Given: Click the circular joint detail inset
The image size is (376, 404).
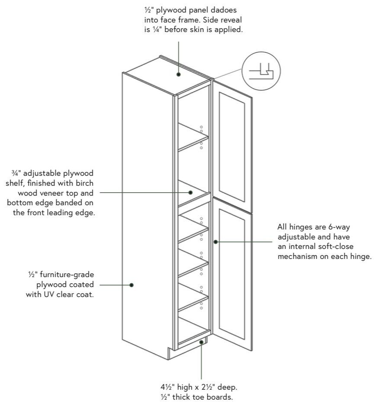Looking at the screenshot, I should pos(261,71).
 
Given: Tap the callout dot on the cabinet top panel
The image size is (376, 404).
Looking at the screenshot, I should pos(178,74).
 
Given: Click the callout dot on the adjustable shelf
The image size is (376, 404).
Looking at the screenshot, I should pos(190,192).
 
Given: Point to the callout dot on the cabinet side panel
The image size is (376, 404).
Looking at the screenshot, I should pos(131,284).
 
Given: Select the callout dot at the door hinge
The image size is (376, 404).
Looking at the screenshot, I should pos(215,242).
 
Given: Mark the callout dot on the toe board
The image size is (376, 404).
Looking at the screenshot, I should pos(201,342).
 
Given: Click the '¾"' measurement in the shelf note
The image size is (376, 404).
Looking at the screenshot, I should pos(18,173).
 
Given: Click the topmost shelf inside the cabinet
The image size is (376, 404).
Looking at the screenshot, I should pos(193,136).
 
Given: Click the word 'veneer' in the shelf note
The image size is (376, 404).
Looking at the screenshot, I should pos(55,193).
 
